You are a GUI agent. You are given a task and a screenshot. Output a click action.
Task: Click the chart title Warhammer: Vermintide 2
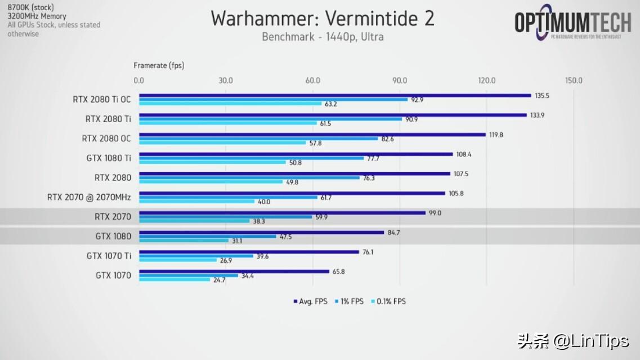323,19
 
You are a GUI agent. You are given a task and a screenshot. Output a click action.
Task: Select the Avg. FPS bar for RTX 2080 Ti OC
335,96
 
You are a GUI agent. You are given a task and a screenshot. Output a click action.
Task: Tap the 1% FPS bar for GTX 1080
208,236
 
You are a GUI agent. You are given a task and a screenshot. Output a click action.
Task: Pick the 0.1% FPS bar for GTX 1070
174,280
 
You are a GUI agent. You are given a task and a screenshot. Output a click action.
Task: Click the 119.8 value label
496,135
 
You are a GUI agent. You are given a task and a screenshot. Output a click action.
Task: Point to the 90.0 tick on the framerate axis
400,80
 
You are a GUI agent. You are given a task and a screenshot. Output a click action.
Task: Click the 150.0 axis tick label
574,80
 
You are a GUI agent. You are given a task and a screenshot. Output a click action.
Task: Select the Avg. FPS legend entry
310,301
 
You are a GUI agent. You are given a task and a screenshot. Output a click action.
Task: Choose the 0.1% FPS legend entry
388,301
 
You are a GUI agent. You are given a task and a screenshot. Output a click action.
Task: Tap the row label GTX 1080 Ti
109,158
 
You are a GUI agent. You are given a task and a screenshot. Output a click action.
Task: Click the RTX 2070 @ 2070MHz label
89,197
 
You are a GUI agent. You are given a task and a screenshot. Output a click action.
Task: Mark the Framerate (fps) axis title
159,65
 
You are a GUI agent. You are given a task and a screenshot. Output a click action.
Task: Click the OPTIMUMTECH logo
573,24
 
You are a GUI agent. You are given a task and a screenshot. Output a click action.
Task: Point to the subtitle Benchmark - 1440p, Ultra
323,38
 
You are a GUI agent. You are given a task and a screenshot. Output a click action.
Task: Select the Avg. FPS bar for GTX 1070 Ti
249,252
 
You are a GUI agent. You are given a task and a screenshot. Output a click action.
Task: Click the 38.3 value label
259,222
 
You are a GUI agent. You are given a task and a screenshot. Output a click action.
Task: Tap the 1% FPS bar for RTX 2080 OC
258,139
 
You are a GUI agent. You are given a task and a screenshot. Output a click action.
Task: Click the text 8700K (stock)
30,7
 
